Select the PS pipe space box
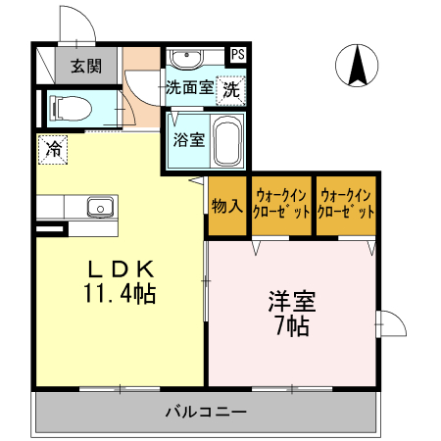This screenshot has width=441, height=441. point(238,55)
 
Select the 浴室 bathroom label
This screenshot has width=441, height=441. point(188,139)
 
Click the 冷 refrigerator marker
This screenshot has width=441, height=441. point(53,149)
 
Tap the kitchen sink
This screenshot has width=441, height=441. point(97,207)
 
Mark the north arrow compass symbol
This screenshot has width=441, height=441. point(358,66)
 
